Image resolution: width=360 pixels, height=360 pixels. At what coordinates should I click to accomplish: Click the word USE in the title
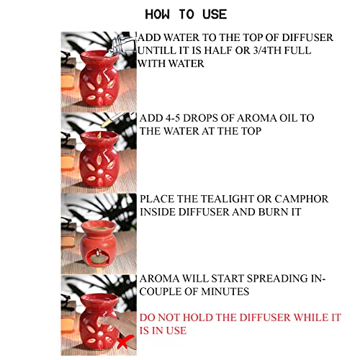tap(215, 14)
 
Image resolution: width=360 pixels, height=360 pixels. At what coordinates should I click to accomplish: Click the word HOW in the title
tap(157, 14)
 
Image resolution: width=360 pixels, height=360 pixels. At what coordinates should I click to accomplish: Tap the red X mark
tap(125, 342)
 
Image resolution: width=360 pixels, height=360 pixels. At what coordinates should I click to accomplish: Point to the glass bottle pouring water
tap(121, 46)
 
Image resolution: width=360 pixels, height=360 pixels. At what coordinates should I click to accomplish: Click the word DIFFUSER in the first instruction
tap(307, 37)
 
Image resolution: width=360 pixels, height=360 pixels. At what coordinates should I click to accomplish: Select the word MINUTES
tap(225, 292)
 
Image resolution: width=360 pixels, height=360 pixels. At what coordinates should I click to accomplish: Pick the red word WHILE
tap(311, 318)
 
